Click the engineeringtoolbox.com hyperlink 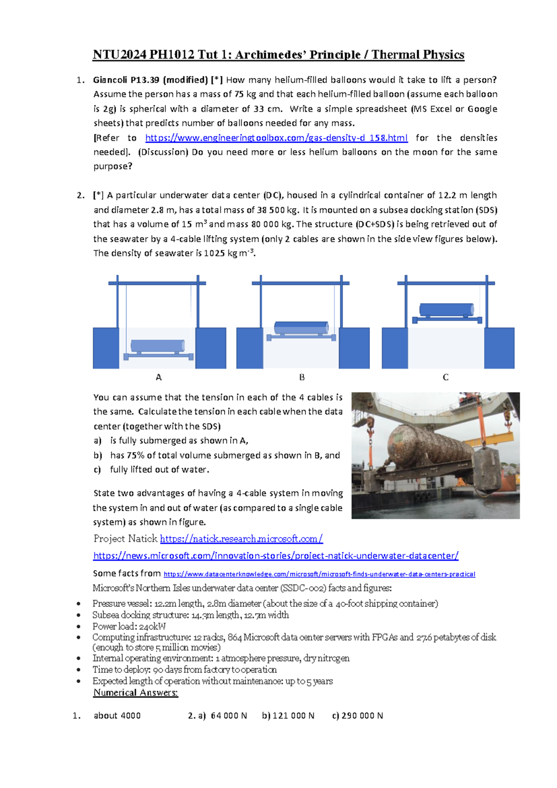tap(276, 138)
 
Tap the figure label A tap(159, 377)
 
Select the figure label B tap(302, 377)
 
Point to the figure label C tap(446, 377)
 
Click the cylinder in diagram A tap(158, 346)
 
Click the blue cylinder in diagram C tap(447, 309)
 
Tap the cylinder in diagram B tap(301, 328)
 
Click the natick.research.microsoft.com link tap(241, 539)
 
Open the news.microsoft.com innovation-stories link tap(276, 556)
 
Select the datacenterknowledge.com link tap(319, 574)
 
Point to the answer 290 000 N tap(362, 716)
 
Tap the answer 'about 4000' tap(117, 716)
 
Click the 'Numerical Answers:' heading tap(136, 693)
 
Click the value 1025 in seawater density tap(214, 254)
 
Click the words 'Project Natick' tap(125, 539)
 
